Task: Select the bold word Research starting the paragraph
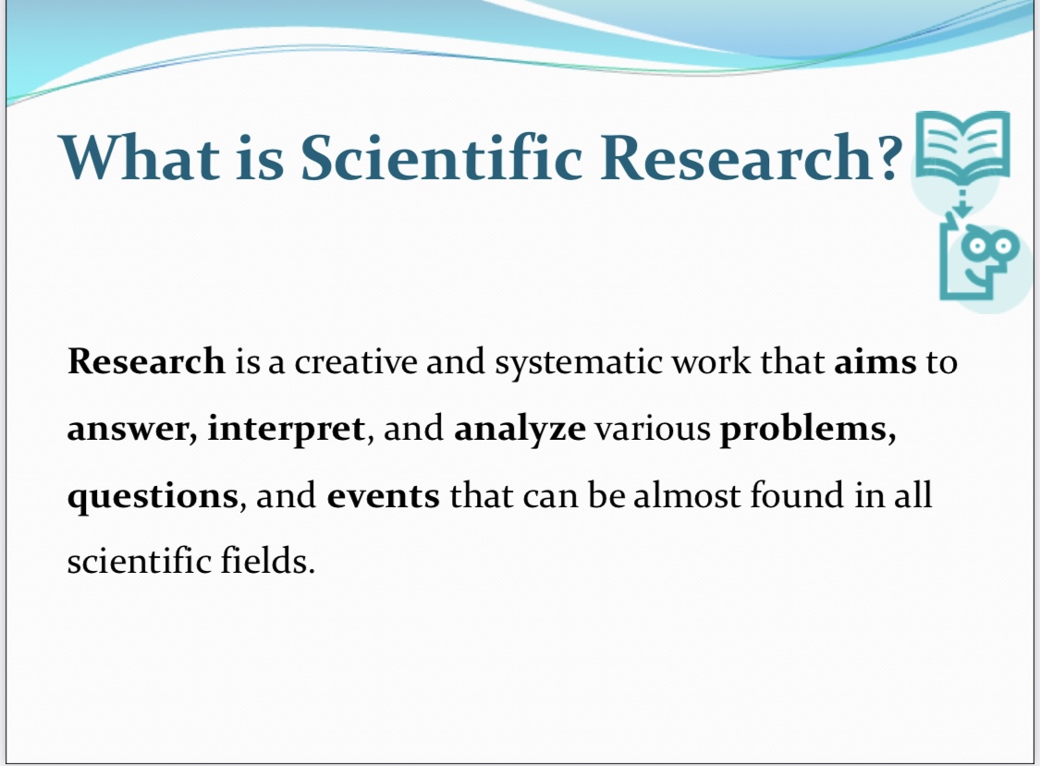147,361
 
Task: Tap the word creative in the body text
356,362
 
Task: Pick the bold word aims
875,362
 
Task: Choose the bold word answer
132,429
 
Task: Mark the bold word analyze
520,429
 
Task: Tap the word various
654,429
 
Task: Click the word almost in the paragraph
687,494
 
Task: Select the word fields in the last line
267,560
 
